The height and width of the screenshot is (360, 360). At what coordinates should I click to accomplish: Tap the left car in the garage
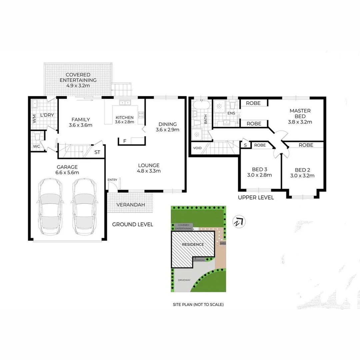50,206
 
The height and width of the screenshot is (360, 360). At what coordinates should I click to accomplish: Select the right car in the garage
84,206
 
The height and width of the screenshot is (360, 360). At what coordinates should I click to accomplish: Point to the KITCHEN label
124,117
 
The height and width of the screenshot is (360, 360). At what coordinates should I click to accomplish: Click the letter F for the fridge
125,141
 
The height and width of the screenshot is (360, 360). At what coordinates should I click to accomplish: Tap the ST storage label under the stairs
97,152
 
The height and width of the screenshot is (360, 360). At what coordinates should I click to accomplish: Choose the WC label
36,146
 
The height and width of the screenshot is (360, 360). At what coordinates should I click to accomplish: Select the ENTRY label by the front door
112,180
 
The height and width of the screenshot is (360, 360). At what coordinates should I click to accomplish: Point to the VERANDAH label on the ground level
130,204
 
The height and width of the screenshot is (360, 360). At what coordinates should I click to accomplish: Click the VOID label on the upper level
197,148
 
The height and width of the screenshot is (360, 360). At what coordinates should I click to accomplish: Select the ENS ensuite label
231,113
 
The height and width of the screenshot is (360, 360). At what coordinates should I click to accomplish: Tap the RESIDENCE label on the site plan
193,244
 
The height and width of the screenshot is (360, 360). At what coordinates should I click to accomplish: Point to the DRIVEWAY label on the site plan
184,280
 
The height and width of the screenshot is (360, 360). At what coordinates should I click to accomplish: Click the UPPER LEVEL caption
256,198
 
